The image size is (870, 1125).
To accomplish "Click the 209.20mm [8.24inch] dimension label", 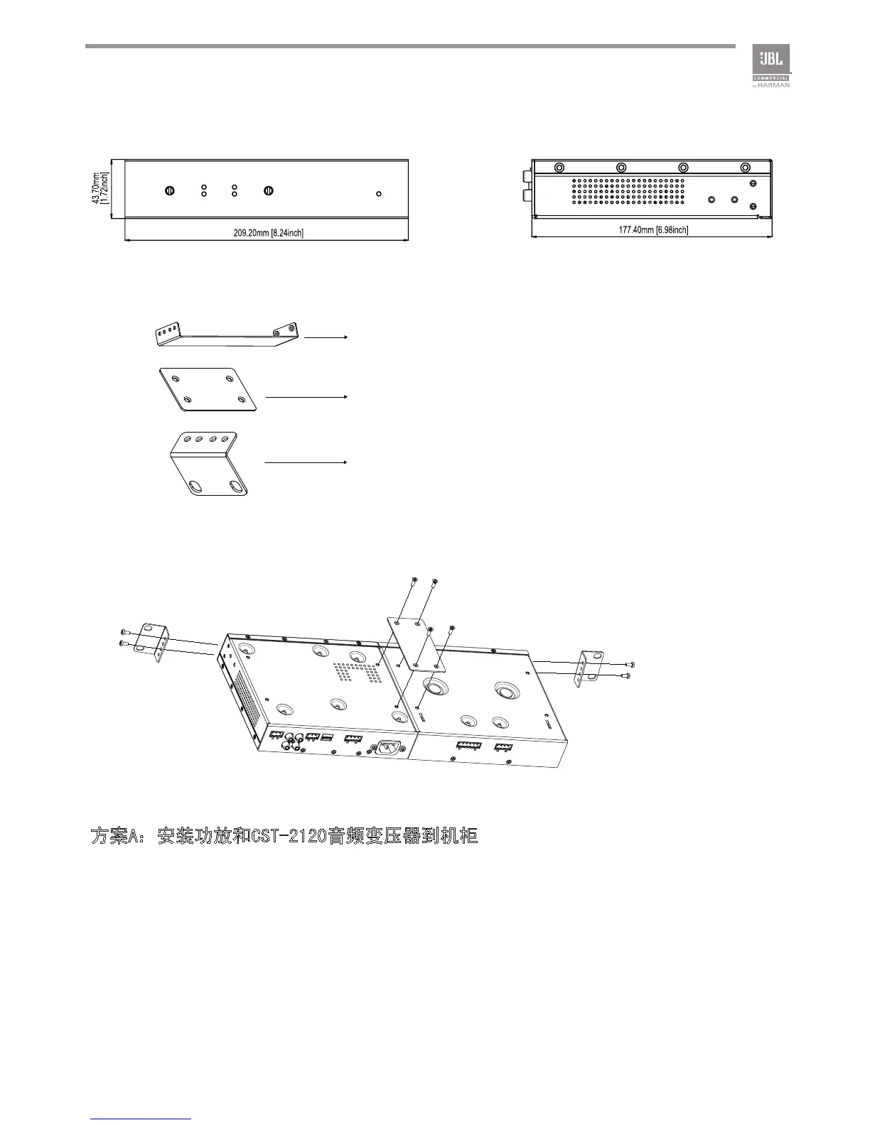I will (269, 233).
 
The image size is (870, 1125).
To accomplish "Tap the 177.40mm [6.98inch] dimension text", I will (653, 229).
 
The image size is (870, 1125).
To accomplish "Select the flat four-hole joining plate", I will (208, 389).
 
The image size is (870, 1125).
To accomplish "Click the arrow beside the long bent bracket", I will (326, 337).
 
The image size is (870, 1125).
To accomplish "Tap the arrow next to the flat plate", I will (305, 396).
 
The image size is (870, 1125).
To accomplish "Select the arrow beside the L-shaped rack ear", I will (305, 462).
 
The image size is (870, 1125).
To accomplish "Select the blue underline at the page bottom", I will (141, 1119).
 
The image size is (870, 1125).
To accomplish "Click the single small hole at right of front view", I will (379, 193).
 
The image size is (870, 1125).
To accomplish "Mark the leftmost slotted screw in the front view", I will (169, 190).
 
